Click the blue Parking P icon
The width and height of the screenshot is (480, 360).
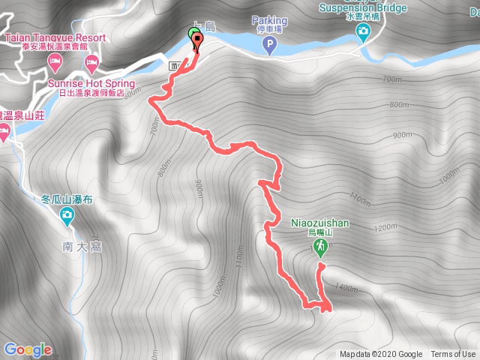click(x=268, y=47)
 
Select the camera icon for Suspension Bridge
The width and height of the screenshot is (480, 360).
click(x=364, y=31)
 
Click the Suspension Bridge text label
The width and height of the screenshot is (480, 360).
click(x=363, y=8)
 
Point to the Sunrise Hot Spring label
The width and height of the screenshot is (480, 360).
click(x=91, y=83)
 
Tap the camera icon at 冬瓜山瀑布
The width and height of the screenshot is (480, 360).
click(x=67, y=217)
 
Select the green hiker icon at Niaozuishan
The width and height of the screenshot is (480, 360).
click(x=321, y=247)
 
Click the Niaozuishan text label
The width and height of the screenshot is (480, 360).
click(x=319, y=223)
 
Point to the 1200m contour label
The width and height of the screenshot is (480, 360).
click(x=385, y=227)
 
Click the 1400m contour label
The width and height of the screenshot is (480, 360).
click(x=346, y=287)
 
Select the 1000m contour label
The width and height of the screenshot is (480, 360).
click(x=219, y=286)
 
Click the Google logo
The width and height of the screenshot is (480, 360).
click(x=28, y=349)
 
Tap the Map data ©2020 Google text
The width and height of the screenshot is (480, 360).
click(x=380, y=355)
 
